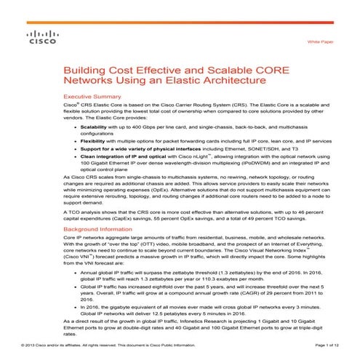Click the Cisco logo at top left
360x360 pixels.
tap(36, 38)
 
